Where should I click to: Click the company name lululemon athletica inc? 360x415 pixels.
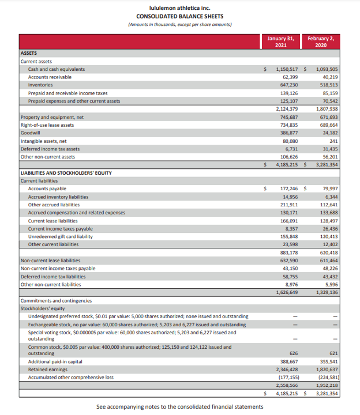(179, 8)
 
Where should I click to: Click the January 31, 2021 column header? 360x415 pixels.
(281, 42)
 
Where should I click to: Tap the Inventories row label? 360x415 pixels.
(42, 85)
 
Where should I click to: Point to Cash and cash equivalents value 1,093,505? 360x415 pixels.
(327, 69)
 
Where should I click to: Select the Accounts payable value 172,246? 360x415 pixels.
(288, 188)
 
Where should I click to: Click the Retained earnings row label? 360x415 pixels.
(47, 369)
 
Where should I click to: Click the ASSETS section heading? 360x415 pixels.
(29, 54)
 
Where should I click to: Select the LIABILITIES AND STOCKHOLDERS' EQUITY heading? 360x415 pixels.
(66, 173)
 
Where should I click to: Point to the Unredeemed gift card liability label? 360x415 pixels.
(61, 236)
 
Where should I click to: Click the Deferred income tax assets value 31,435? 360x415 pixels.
(329, 148)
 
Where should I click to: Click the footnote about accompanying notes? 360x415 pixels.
(179, 407)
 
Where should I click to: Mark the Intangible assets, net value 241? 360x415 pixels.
(333, 140)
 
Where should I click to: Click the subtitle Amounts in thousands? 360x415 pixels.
(179, 24)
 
